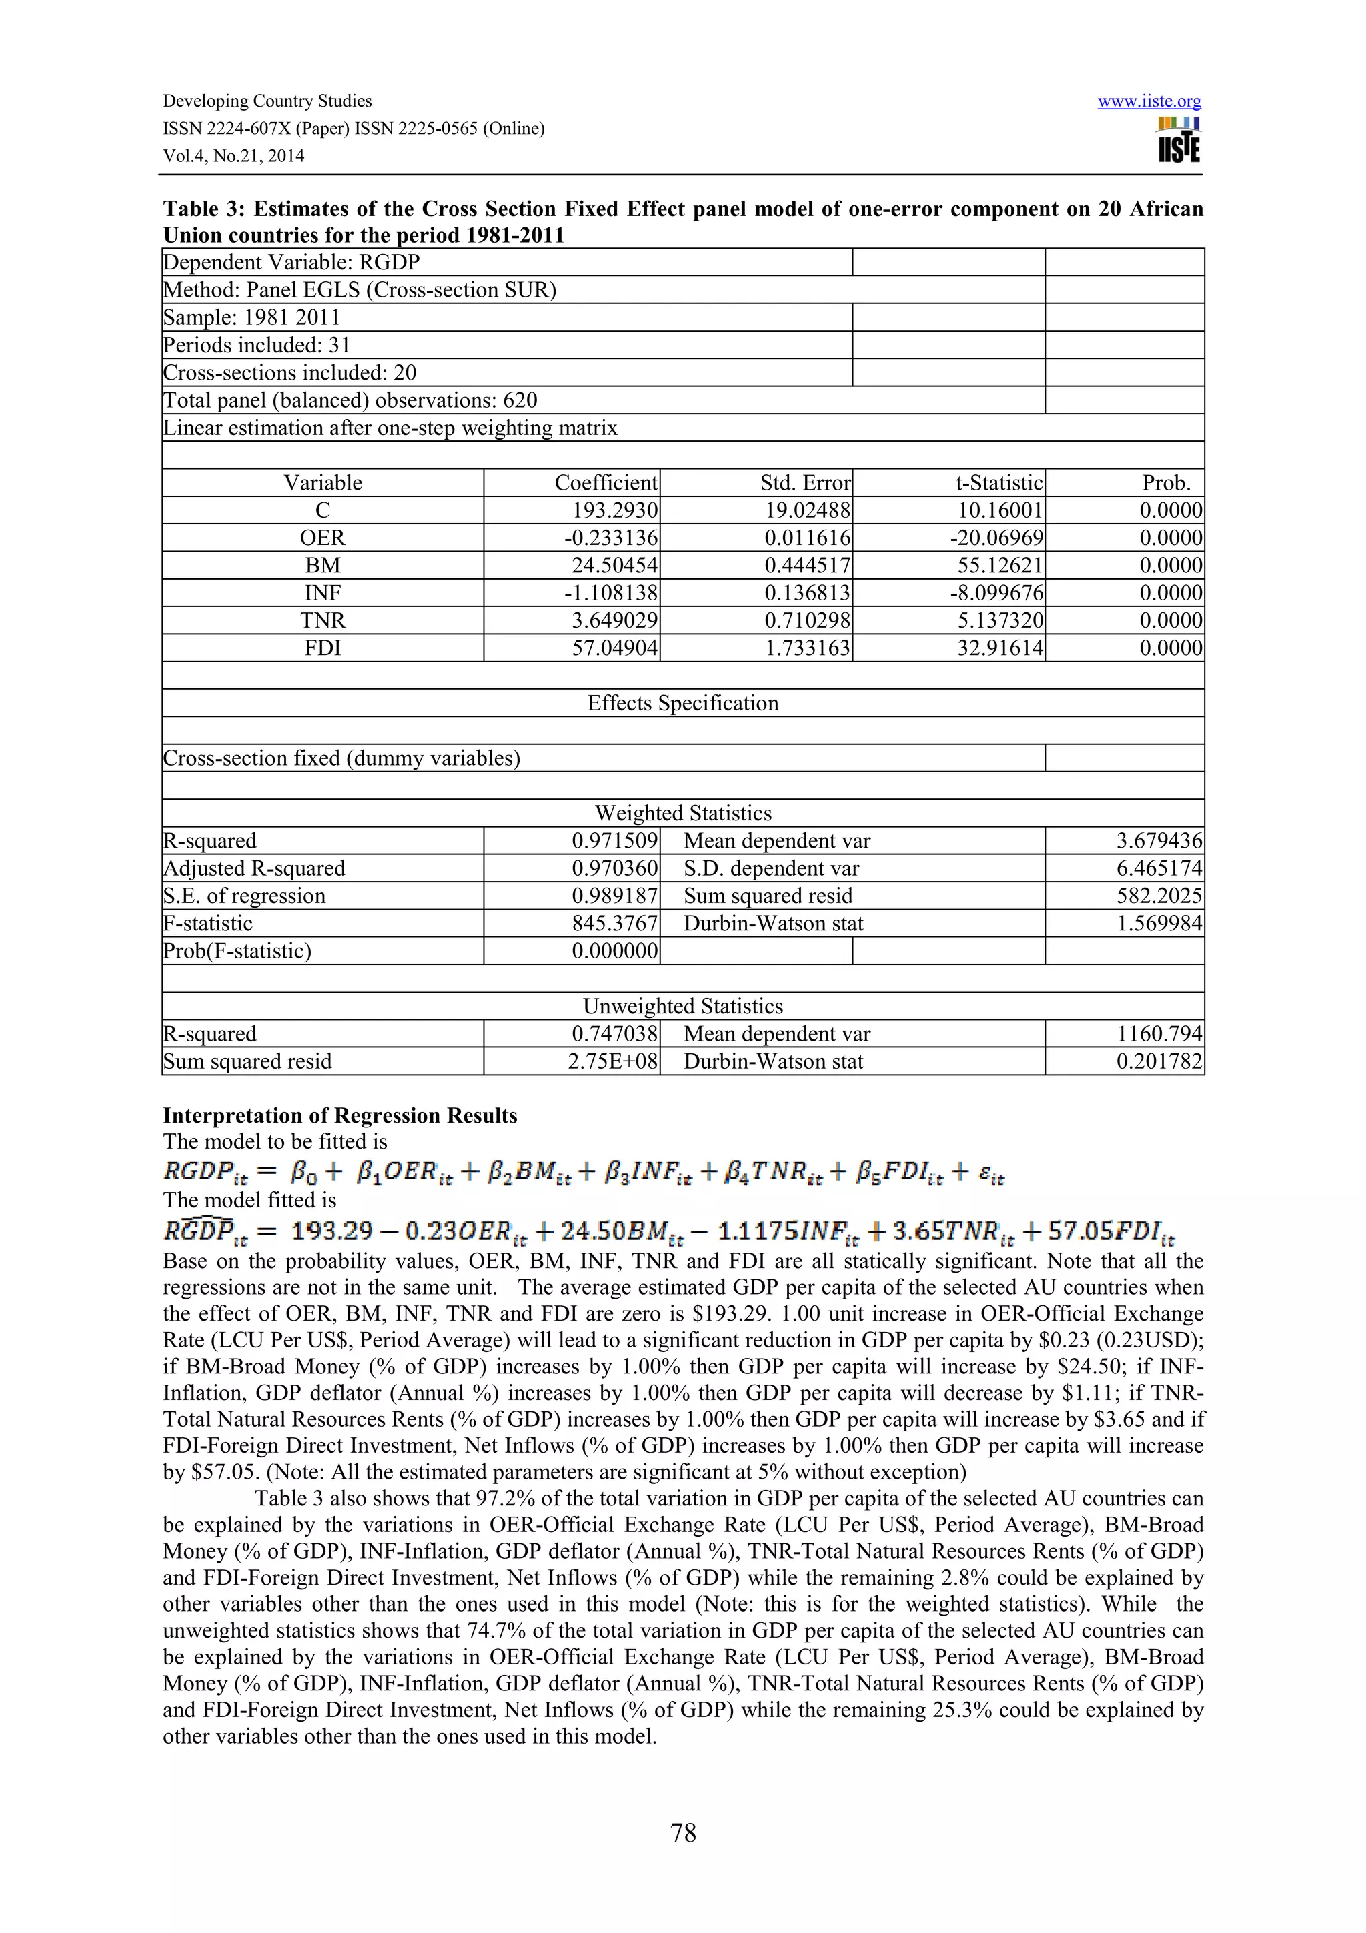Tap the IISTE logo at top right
(1179, 141)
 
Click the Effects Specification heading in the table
(682, 703)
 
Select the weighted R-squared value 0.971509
(614, 841)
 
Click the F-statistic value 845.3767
(614, 924)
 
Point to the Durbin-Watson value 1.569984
(1159, 924)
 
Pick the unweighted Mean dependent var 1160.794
(1159, 1034)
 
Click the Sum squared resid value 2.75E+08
(612, 1062)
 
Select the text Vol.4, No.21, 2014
(233, 156)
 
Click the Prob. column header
(1166, 482)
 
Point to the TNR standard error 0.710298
(807, 620)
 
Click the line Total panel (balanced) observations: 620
(350, 400)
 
